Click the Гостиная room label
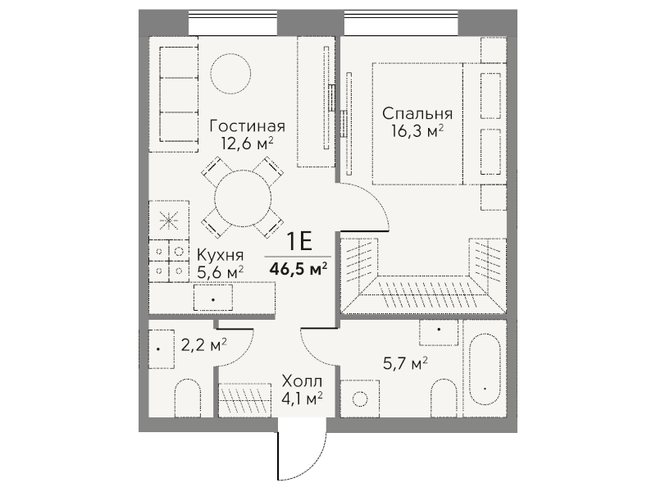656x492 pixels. [248, 126]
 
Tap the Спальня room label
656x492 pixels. [417, 114]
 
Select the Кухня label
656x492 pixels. [220, 255]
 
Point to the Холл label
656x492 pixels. [302, 381]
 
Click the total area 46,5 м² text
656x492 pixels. [298, 269]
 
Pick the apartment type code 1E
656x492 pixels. [299, 241]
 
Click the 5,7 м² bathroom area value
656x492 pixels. [405, 363]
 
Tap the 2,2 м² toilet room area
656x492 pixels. [203, 345]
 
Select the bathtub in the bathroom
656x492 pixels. [485, 370]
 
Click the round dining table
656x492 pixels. [243, 198]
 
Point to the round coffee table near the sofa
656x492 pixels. [231, 74]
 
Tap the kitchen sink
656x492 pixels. [213, 298]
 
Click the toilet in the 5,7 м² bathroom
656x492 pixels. [444, 398]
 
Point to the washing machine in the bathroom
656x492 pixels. [360, 399]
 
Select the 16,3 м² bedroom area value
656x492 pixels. [417, 131]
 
